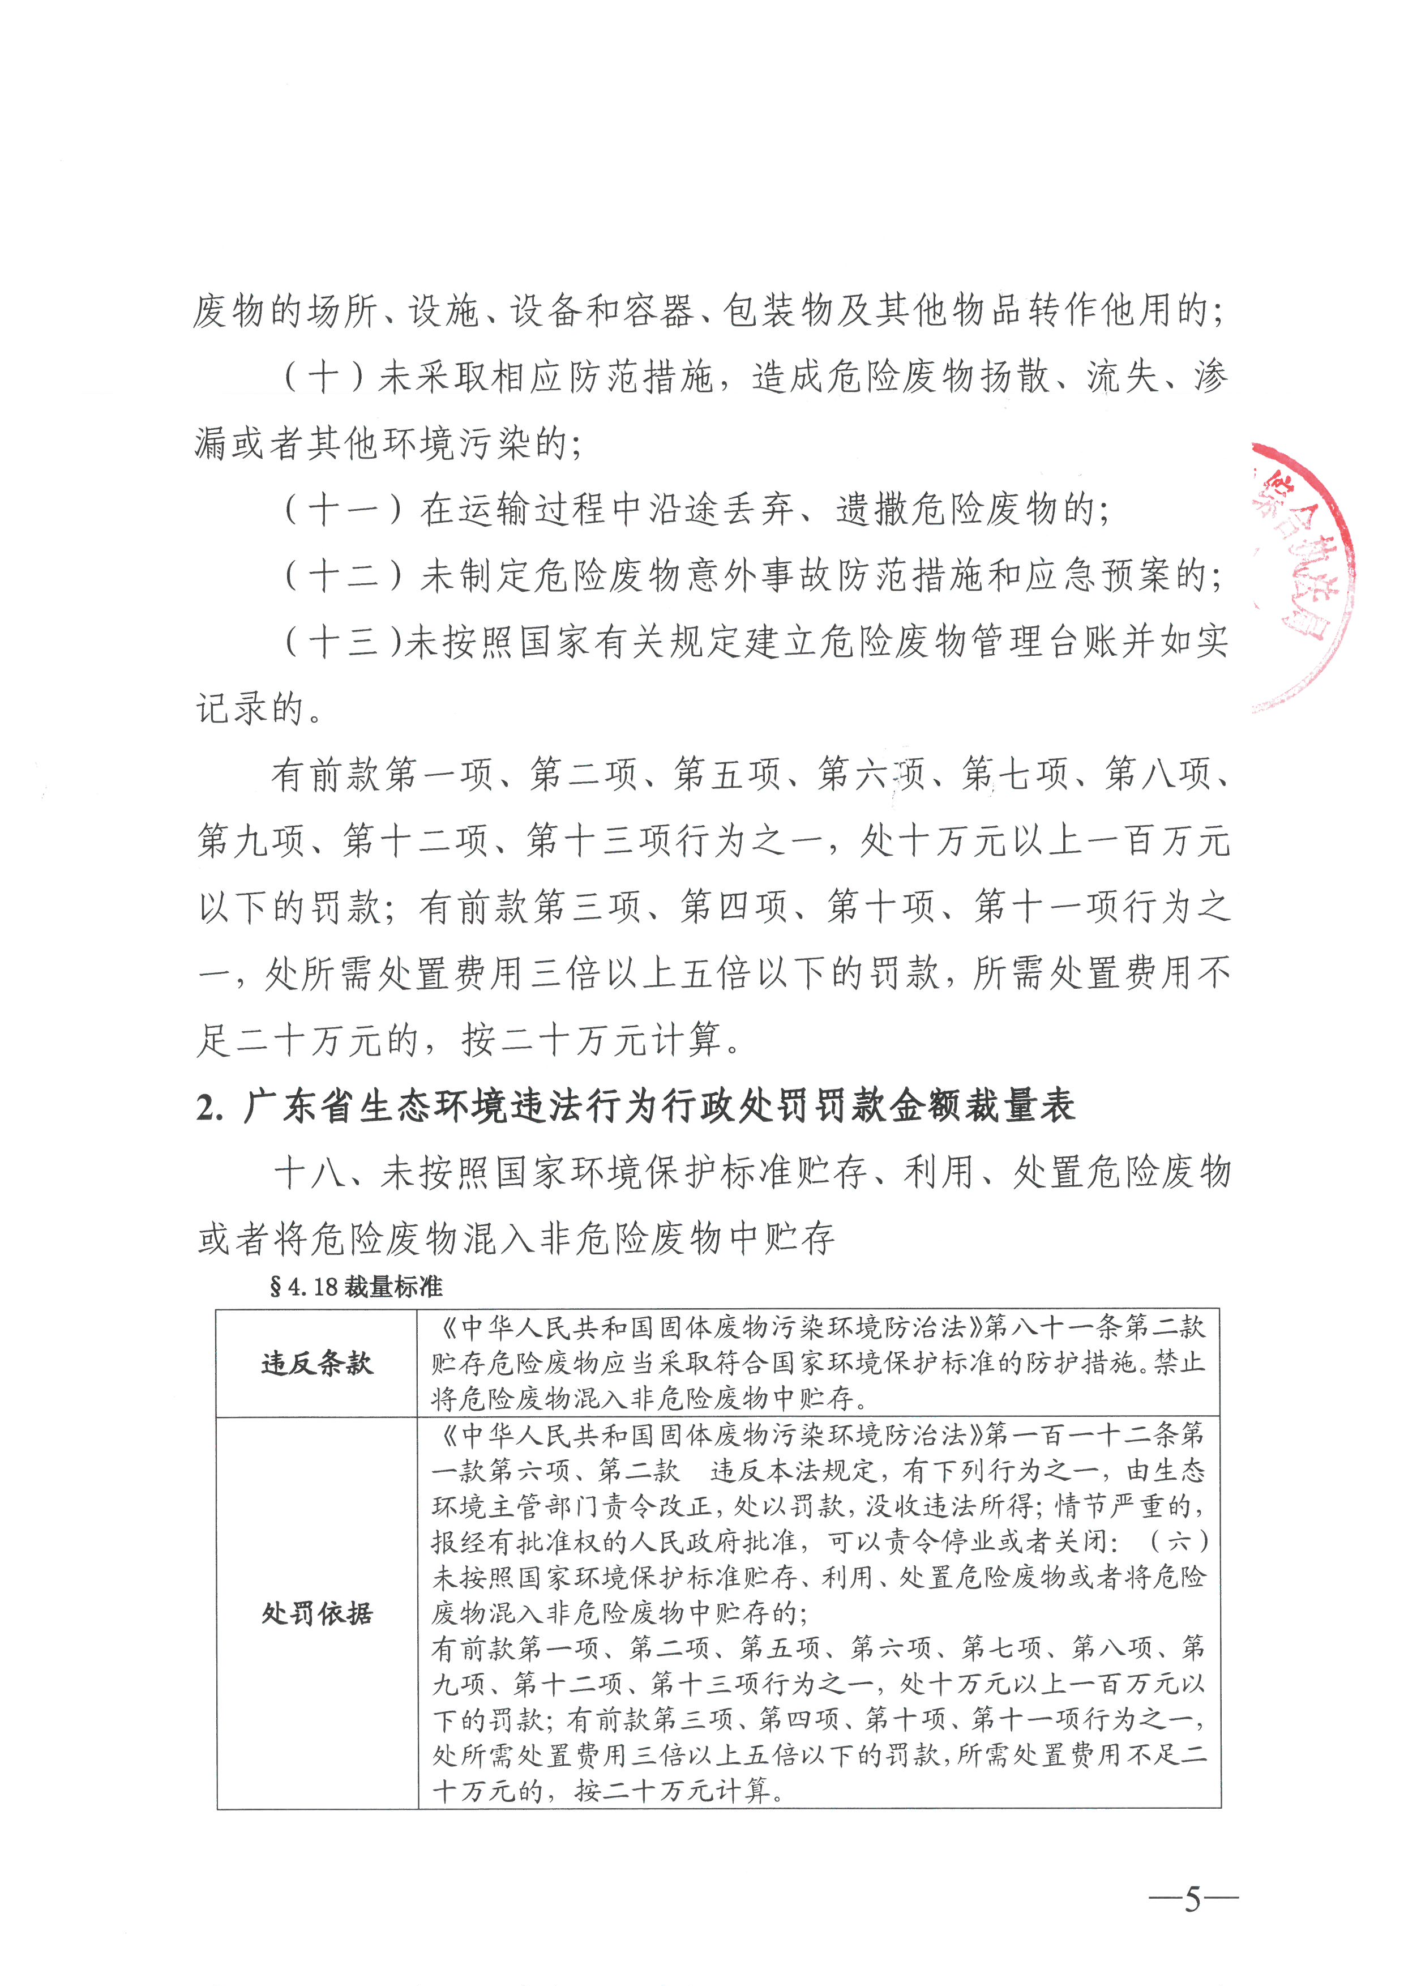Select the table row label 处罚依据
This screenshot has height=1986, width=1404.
(316, 1613)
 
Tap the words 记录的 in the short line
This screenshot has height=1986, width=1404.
(251, 709)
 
